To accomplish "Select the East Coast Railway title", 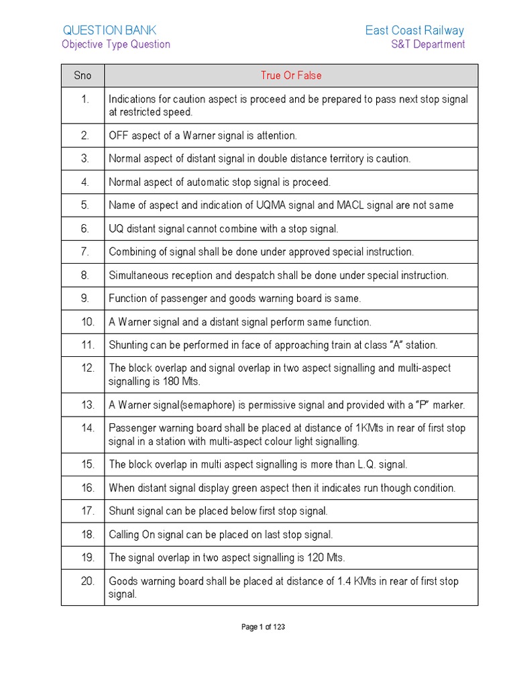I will (414, 30).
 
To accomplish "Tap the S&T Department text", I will (428, 44).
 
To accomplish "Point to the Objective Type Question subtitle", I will (116, 44).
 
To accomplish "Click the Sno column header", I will (82, 76).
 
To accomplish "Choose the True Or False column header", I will (291, 76).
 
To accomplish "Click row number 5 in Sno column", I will (85, 205).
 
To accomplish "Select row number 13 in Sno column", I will (87, 405).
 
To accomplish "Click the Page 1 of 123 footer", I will (263, 627).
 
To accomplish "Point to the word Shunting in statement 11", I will (129, 345).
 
